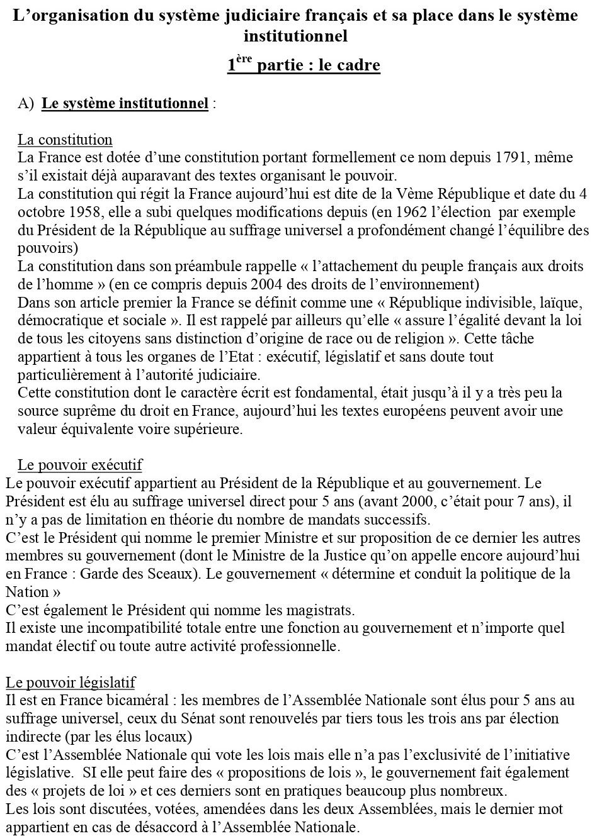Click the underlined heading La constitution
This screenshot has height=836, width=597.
pos(65,140)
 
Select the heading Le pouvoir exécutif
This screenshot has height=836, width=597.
pos(80,465)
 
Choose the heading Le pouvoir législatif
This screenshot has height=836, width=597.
pos(71,683)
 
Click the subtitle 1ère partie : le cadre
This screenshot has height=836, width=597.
pos(304,65)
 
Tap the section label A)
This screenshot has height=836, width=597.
pos(26,104)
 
